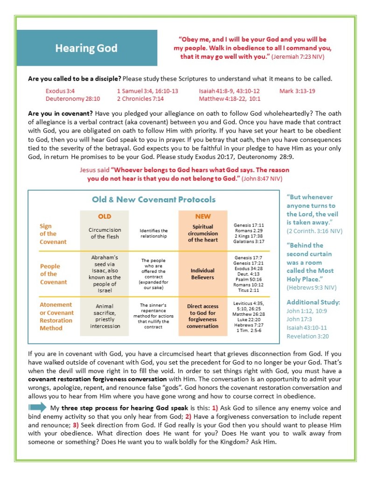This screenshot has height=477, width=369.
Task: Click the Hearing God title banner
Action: click(87, 48)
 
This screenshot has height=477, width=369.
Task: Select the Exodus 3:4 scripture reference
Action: click(60, 91)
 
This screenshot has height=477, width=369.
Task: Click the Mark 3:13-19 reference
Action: click(297, 91)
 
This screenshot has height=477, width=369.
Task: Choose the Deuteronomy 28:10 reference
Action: click(72, 99)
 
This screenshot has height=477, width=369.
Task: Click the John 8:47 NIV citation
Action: click(256, 178)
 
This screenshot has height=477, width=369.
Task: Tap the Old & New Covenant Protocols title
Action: click(153, 200)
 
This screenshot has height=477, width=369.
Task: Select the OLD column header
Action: click(104, 216)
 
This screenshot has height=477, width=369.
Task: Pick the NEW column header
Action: click(203, 216)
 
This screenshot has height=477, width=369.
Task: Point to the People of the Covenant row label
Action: click(53, 274)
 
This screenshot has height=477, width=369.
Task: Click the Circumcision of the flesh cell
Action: click(104, 234)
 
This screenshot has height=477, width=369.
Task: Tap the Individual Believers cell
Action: click(202, 274)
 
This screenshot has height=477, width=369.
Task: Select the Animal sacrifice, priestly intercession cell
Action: click(104, 316)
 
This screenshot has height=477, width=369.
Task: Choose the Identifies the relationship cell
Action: click(153, 234)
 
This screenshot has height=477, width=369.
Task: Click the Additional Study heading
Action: click(310, 302)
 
